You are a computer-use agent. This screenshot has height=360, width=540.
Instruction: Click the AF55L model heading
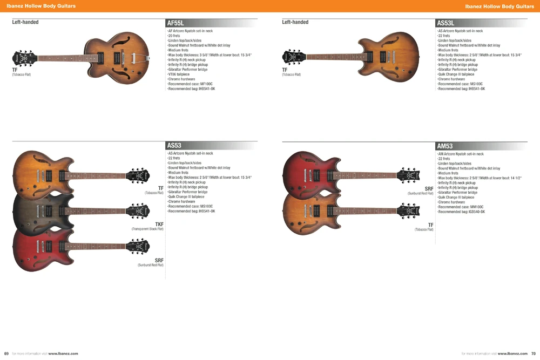click(175, 23)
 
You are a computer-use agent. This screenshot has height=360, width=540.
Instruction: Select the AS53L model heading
click(446, 23)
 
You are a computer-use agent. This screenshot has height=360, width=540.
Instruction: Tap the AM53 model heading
click(444, 146)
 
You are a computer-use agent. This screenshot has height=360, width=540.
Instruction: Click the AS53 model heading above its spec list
click(174, 145)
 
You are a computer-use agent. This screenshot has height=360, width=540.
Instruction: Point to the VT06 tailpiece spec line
click(178, 74)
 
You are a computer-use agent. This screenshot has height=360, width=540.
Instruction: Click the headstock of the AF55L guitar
click(24, 58)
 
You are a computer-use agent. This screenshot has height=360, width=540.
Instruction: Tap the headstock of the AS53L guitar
click(294, 57)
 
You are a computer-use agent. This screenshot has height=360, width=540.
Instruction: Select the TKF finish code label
click(159, 225)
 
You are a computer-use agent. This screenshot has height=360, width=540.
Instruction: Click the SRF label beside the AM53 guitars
click(429, 189)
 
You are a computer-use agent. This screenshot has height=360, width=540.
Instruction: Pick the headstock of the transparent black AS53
click(138, 211)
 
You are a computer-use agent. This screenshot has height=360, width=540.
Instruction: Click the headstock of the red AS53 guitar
click(138, 246)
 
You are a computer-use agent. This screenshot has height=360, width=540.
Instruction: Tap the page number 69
click(6, 354)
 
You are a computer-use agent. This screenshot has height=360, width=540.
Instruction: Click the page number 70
click(534, 354)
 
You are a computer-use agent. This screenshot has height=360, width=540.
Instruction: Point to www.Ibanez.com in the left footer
click(63, 354)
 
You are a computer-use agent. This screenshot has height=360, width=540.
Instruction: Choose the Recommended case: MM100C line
click(461, 207)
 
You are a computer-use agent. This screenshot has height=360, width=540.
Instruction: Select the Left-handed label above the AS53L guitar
click(295, 22)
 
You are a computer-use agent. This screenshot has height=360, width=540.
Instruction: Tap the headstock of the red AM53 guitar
click(408, 175)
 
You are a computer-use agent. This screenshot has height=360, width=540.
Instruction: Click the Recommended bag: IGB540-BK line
click(461, 212)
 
